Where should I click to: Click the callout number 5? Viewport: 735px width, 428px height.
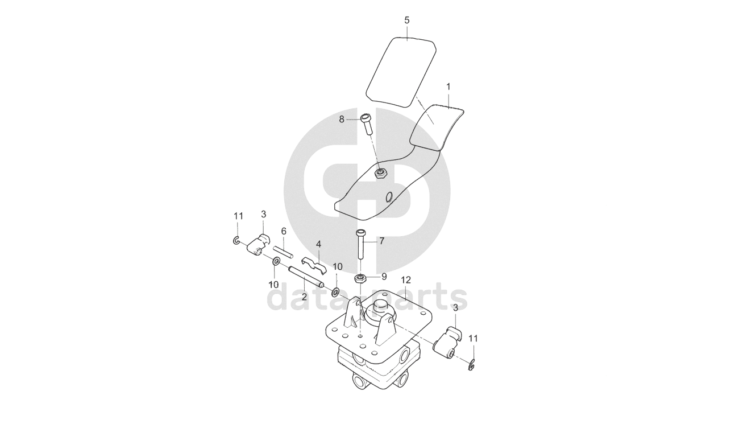click(x=407, y=20)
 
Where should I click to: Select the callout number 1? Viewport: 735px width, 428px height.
click(x=448, y=87)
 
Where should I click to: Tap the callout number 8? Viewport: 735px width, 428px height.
click(x=342, y=119)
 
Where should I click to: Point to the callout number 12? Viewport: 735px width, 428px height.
click(x=405, y=280)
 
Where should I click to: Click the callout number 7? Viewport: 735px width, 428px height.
click(x=381, y=241)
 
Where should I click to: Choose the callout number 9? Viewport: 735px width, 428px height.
click(x=384, y=277)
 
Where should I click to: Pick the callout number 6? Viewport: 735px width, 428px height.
click(x=284, y=231)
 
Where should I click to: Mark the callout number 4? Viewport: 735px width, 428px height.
click(x=318, y=244)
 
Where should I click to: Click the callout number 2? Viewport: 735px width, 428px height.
click(x=304, y=297)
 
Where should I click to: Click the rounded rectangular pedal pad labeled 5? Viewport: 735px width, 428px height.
click(x=400, y=71)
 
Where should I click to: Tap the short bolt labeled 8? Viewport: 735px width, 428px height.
click(x=366, y=122)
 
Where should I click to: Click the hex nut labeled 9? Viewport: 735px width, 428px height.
click(x=360, y=279)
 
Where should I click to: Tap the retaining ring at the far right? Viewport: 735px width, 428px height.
click(x=471, y=365)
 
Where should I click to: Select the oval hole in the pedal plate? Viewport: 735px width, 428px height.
click(x=388, y=197)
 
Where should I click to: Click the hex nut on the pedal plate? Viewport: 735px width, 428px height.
click(x=380, y=173)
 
